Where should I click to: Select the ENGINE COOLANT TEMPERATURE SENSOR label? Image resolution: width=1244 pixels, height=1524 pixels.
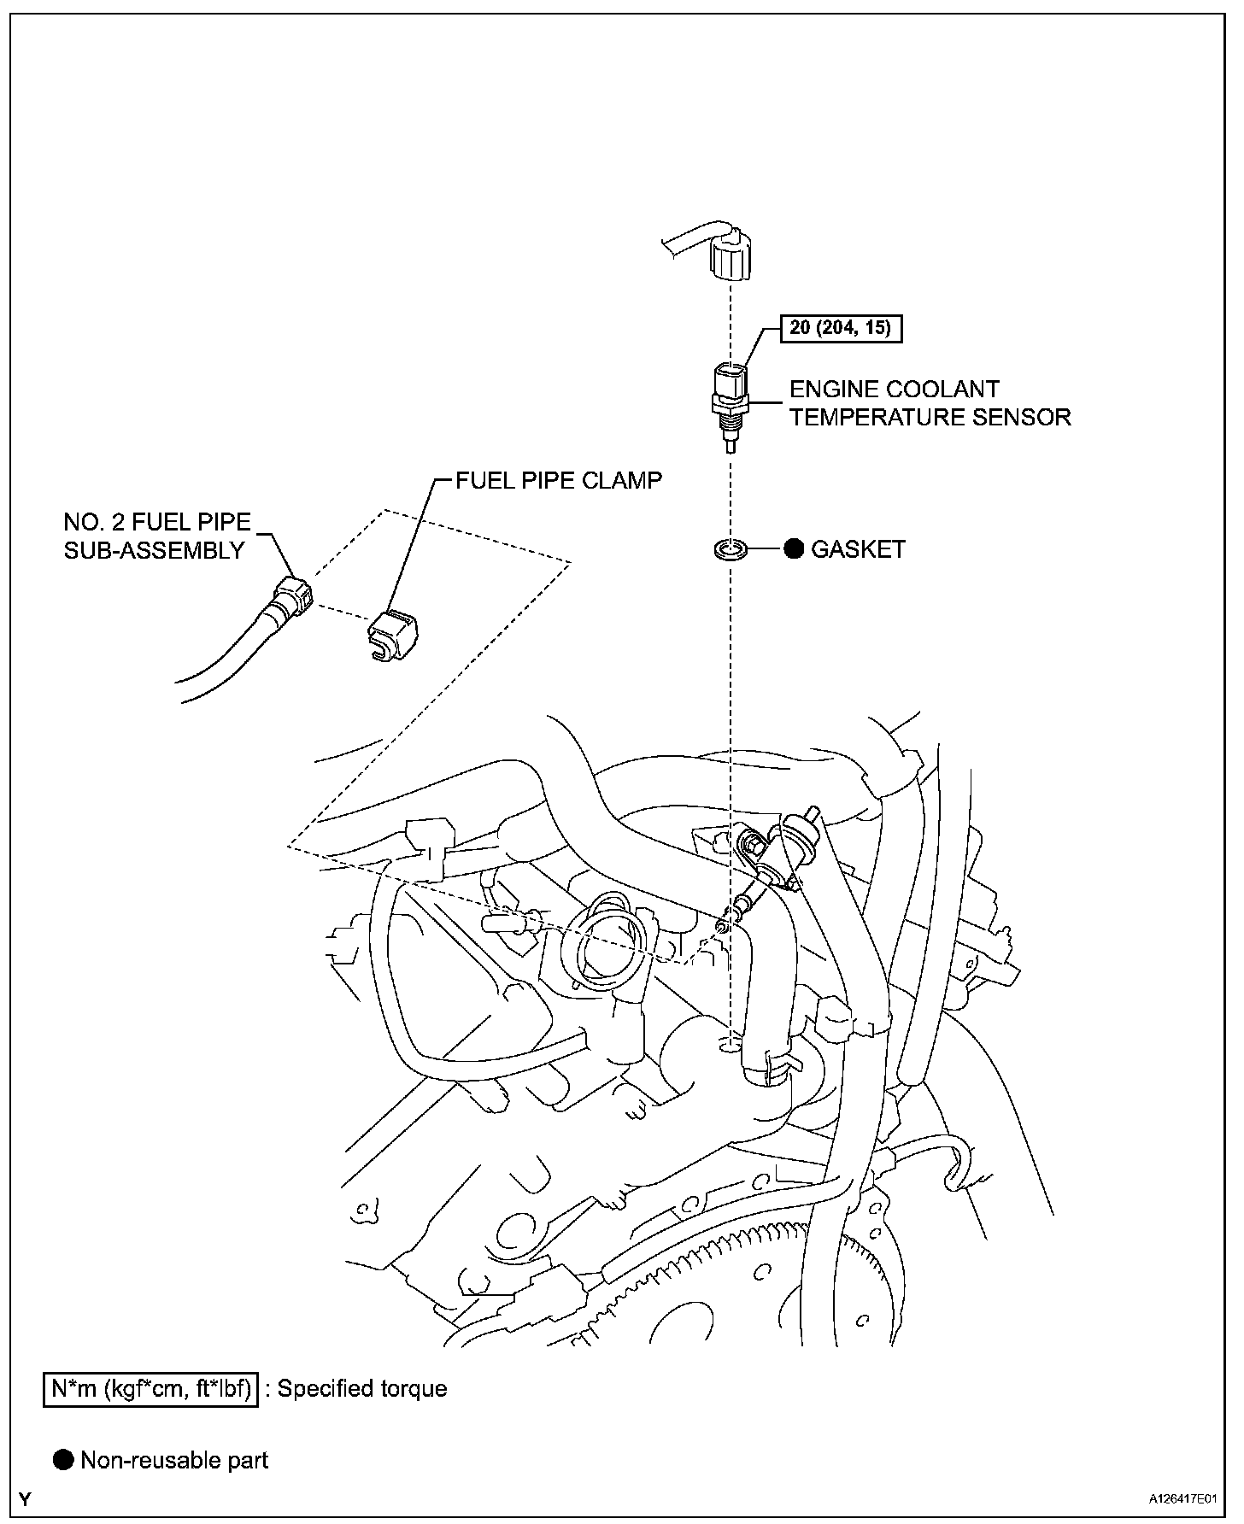click(929, 403)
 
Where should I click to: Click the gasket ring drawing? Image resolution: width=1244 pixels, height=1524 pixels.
click(730, 549)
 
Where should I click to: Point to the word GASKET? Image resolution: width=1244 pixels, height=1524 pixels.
click(858, 549)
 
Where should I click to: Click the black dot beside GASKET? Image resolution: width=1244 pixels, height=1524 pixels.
click(794, 549)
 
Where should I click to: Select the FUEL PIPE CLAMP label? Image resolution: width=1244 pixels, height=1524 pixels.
click(558, 480)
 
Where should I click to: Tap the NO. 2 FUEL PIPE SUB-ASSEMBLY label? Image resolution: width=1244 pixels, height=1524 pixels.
click(157, 536)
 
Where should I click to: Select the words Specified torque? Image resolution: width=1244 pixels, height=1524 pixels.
click(361, 1388)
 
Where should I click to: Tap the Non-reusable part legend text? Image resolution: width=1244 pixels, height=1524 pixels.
click(174, 1460)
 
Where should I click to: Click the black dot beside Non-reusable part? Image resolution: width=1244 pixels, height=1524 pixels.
click(63, 1460)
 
